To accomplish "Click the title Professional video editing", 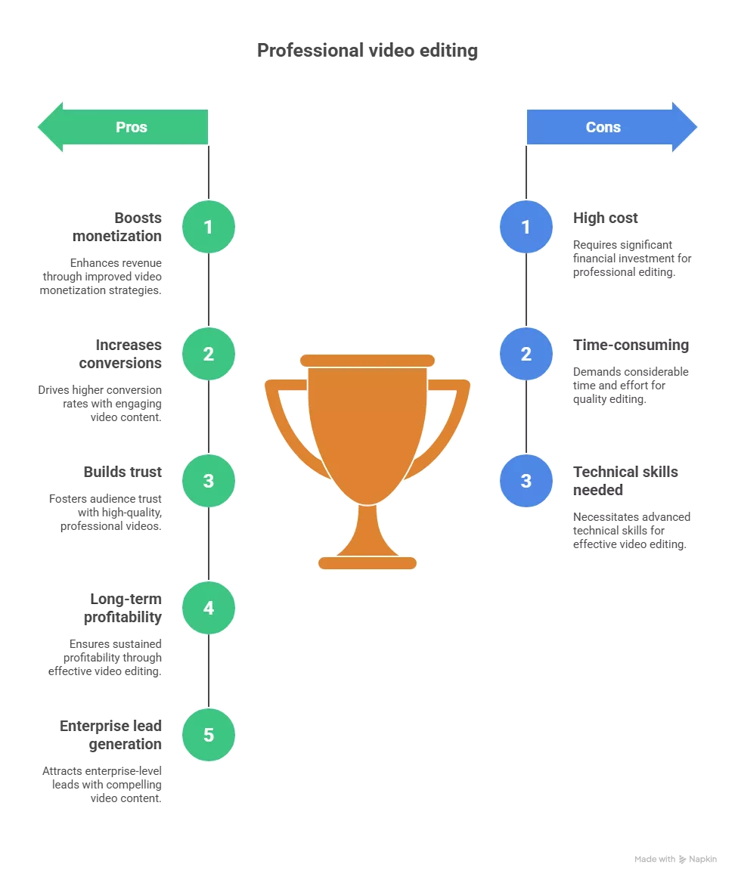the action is pyautogui.click(x=367, y=51).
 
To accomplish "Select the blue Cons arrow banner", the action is pyautogui.click(x=612, y=127).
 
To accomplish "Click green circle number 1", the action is pyautogui.click(x=208, y=227).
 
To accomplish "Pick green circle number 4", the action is pyautogui.click(x=208, y=608).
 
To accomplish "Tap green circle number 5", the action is pyautogui.click(x=208, y=735).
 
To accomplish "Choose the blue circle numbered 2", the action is pyautogui.click(x=526, y=354).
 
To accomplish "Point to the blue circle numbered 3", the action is pyautogui.click(x=526, y=481).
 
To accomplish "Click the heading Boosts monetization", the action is pyautogui.click(x=116, y=227).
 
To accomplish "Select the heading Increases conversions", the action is pyautogui.click(x=120, y=354).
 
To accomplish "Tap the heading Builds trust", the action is pyautogui.click(x=122, y=472).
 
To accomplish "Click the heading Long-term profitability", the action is pyautogui.click(x=123, y=608).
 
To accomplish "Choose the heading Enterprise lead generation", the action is pyautogui.click(x=110, y=735).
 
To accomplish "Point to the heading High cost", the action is pyautogui.click(x=605, y=218).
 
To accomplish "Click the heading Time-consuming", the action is pyautogui.click(x=631, y=345).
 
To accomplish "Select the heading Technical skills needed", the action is pyautogui.click(x=625, y=481).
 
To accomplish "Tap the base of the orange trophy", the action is pyautogui.click(x=367, y=563).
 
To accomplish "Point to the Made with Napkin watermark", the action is pyautogui.click(x=675, y=860).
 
